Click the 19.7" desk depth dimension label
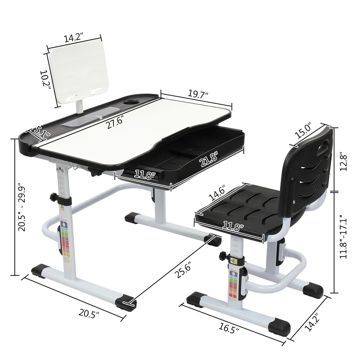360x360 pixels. [x=198, y=95]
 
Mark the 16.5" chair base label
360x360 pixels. [x=229, y=328]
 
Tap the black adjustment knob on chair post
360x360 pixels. [x=222, y=256]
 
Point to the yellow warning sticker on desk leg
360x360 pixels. [x=62, y=208]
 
